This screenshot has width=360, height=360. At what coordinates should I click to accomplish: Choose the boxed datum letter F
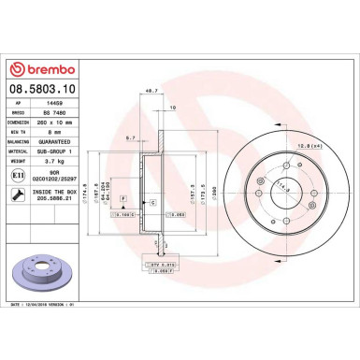pyautogui.click(x=122, y=187)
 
